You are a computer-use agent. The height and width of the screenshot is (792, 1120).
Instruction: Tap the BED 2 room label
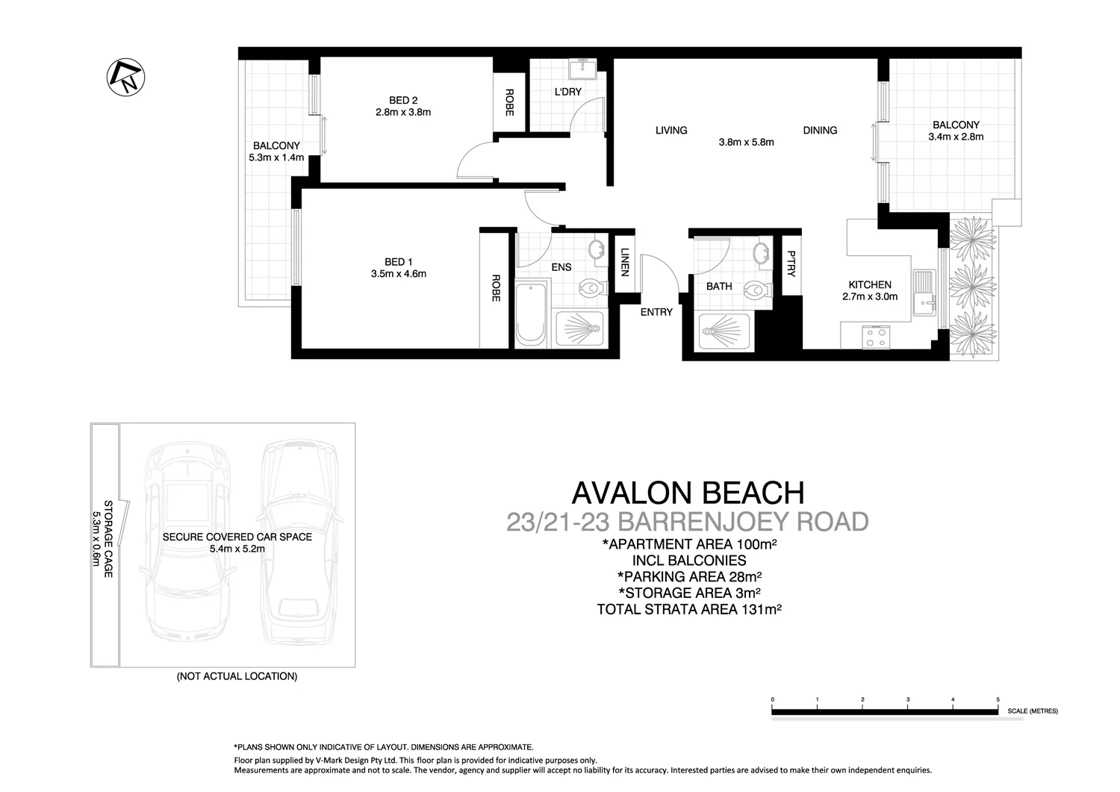(x=403, y=101)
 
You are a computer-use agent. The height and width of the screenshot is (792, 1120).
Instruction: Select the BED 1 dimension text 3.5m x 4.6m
(x=399, y=274)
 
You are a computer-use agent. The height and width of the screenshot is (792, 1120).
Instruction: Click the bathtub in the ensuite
(x=532, y=314)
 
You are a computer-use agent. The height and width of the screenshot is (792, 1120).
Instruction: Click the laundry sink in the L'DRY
(x=581, y=69)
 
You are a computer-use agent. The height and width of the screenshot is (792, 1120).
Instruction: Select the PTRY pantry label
(x=791, y=264)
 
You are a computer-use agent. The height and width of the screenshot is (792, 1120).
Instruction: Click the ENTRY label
(x=656, y=312)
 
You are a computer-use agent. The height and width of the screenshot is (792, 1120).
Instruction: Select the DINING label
(x=820, y=130)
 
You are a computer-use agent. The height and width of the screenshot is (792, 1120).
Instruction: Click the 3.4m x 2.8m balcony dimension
(x=956, y=137)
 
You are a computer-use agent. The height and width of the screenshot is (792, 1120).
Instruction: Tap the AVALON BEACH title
(x=688, y=493)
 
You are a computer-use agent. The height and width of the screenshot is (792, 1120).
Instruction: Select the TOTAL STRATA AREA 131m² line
(x=688, y=609)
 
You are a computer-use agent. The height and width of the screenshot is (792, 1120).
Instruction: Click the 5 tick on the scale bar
(x=998, y=699)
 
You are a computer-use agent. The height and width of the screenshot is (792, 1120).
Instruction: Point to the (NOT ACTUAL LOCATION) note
(x=237, y=676)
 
